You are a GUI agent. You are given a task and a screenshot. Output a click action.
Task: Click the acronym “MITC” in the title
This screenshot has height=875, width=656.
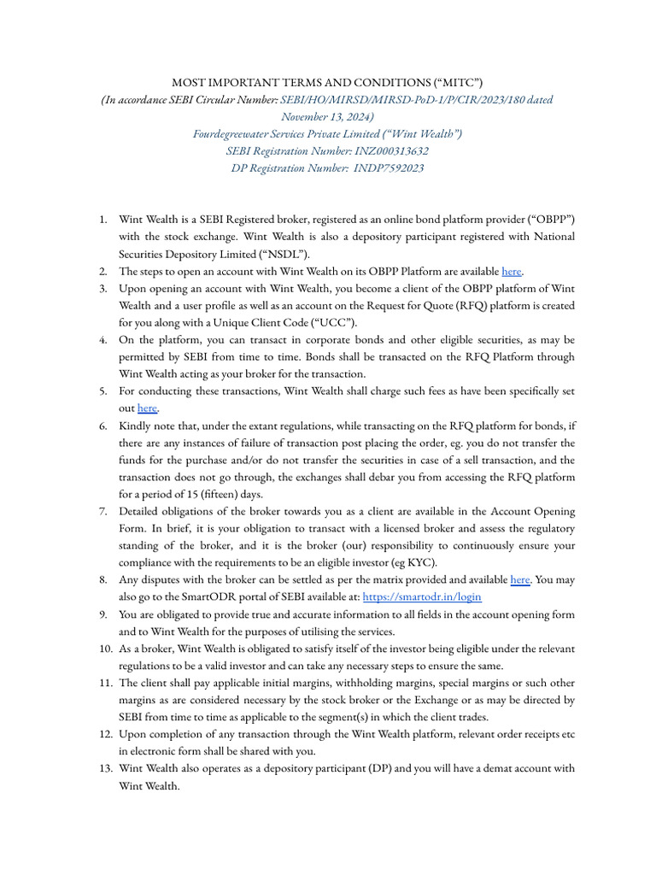tap(458, 82)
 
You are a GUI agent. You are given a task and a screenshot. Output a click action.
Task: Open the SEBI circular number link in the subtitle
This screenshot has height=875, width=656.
tap(416, 99)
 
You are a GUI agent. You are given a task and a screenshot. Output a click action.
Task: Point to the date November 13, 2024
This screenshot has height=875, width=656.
tap(328, 116)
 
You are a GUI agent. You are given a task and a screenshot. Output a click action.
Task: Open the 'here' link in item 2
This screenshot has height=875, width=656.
tap(511, 271)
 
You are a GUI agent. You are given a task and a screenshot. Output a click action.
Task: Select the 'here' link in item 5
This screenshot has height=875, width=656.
tap(148, 408)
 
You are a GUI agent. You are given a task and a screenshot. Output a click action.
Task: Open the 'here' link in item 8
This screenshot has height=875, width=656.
tap(519, 580)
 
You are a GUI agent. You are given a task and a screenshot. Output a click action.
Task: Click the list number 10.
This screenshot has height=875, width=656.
tap(105, 649)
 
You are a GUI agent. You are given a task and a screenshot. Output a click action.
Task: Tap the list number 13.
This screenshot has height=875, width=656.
tap(105, 768)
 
